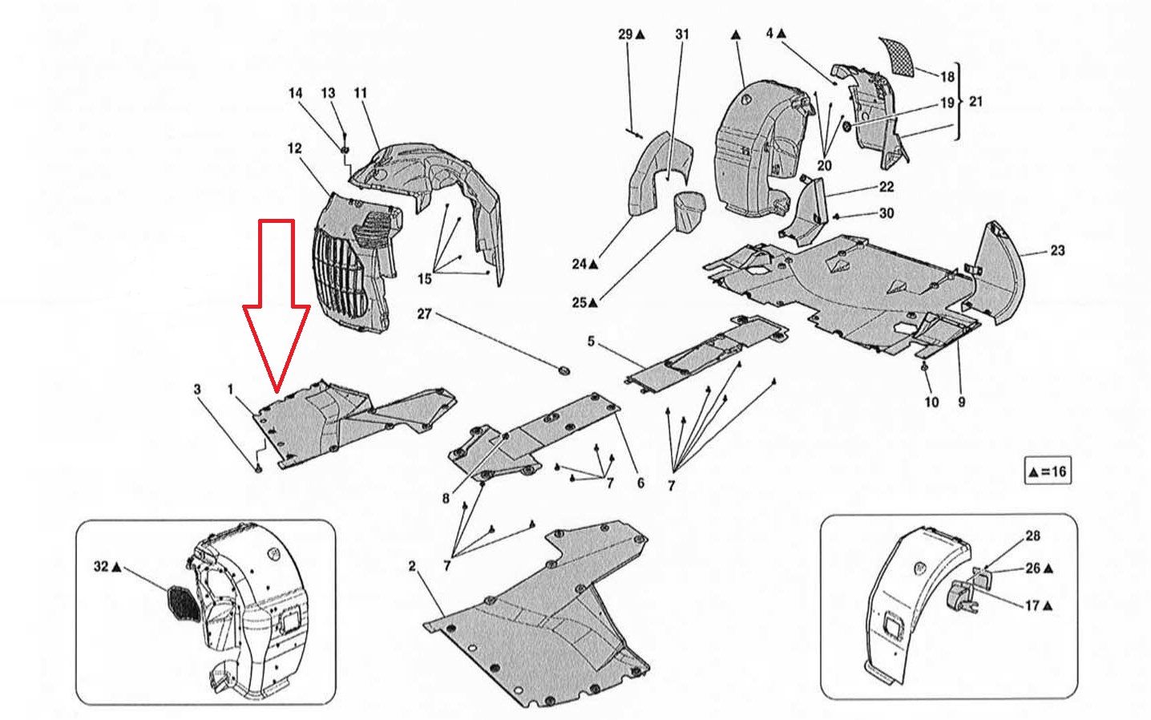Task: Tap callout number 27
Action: coord(424,313)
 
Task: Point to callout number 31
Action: coord(682,34)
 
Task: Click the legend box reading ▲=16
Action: coord(1047,471)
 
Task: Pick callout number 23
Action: coord(1057,251)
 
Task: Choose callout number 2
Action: coord(412,567)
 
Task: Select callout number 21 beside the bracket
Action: coord(975,102)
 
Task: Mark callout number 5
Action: coord(592,342)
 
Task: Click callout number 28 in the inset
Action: coord(1032,536)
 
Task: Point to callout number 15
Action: coord(425,278)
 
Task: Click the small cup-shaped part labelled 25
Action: coord(685,210)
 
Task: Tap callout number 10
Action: coord(931,401)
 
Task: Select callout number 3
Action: coord(197,390)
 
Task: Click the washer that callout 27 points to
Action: coord(563,370)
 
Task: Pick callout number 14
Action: coord(295,93)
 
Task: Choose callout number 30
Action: coord(886,213)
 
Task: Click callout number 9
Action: coord(961,401)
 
